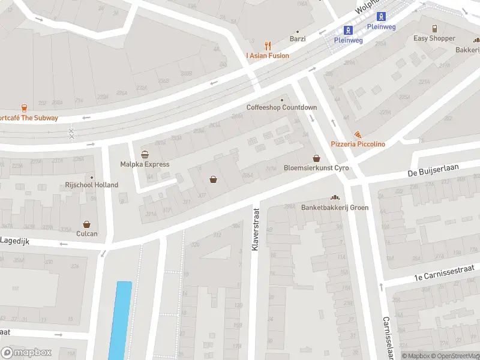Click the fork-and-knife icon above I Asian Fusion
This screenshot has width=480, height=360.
(268, 45)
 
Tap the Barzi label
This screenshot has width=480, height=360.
(298, 39)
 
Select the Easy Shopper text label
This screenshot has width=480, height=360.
(434, 38)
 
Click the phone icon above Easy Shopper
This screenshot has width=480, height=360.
(434, 28)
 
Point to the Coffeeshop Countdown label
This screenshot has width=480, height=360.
(281, 107)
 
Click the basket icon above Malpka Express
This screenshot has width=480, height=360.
(145, 154)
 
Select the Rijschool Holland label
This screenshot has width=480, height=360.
(92, 185)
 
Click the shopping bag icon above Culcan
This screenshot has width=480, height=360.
(87, 224)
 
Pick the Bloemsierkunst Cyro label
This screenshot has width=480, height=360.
(316, 169)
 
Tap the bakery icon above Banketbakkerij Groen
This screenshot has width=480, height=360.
(335, 197)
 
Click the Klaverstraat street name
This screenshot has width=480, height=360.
(255, 230)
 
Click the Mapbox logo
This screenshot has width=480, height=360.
(26, 353)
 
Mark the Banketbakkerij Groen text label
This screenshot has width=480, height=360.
(335, 208)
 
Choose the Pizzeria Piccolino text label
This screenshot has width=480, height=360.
(358, 144)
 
